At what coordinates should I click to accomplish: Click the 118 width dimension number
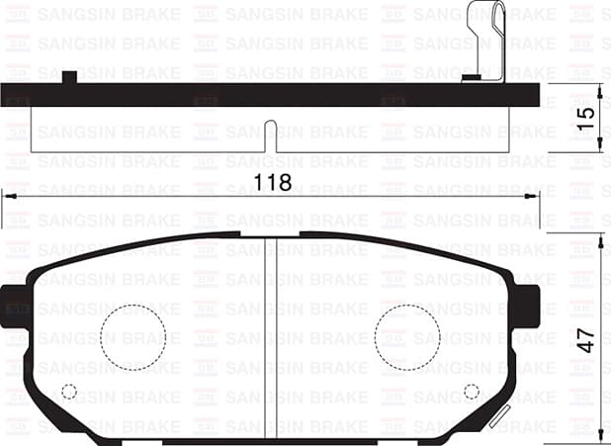[x=272, y=183]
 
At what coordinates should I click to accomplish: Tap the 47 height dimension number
[x=586, y=339]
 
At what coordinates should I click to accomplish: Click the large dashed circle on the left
[x=133, y=332]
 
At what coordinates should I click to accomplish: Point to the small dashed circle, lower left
[x=68, y=392]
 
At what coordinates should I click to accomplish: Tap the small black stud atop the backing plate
[x=69, y=77]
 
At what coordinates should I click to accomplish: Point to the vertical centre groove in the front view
[x=273, y=326]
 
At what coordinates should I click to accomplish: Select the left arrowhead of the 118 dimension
[x=8, y=197]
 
